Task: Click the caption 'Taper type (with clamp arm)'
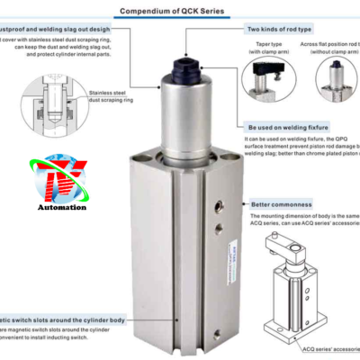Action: (x=268, y=48)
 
